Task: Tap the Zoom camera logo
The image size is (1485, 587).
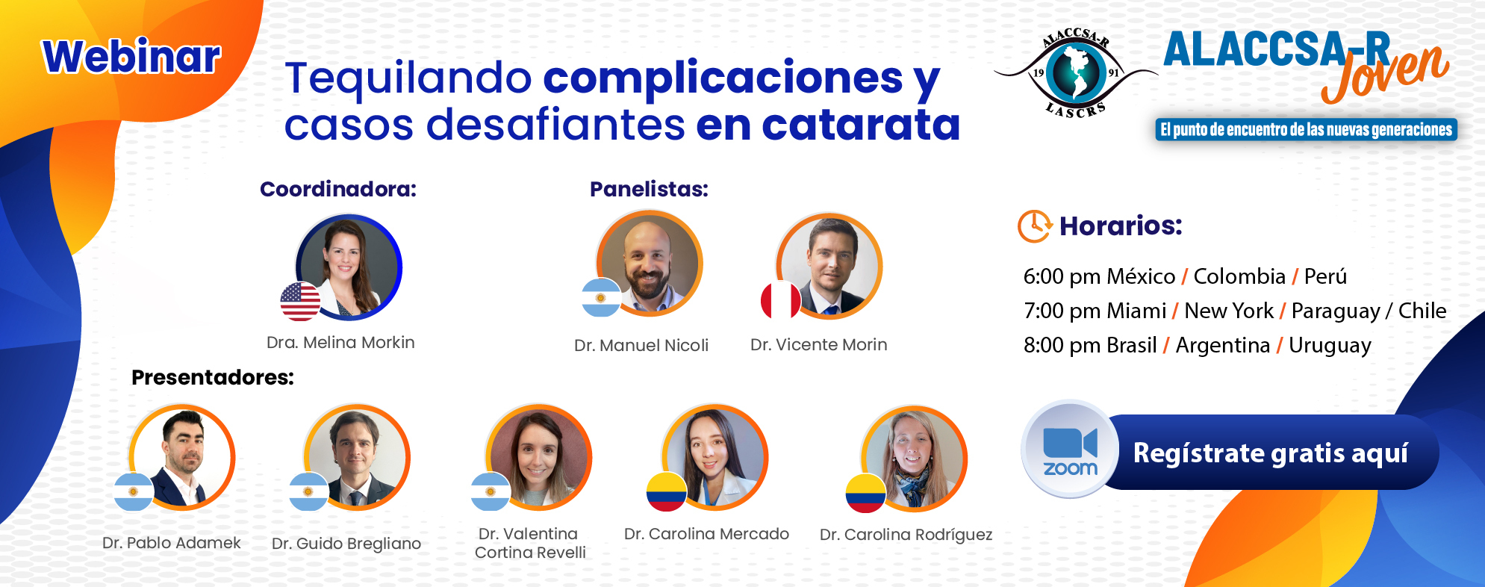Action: tap(1070, 450)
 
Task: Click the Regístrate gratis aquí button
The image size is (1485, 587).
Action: tap(1270, 453)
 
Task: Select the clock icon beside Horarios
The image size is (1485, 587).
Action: tap(1035, 226)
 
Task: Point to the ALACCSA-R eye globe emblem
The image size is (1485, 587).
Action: tap(1075, 73)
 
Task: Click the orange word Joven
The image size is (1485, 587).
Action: tap(1385, 72)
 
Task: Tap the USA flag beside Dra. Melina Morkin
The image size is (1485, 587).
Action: tap(300, 302)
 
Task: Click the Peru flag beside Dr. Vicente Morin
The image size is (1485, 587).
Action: tap(780, 300)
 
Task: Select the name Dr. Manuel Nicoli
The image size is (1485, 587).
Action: tap(641, 346)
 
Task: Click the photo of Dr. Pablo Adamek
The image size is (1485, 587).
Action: tap(182, 457)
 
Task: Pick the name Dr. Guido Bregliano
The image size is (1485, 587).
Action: tap(346, 544)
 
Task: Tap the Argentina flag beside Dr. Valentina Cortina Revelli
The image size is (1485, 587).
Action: tap(491, 491)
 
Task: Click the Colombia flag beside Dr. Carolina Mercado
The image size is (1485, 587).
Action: tap(667, 491)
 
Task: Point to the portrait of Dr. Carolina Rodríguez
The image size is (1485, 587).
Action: tap(914, 458)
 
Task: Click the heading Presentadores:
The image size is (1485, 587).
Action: tap(213, 377)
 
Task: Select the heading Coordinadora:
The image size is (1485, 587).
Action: tap(338, 189)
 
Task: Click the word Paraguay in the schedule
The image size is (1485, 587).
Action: tap(1336, 311)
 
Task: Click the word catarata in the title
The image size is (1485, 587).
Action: tap(861, 125)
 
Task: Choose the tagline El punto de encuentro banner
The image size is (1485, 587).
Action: tap(1307, 130)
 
